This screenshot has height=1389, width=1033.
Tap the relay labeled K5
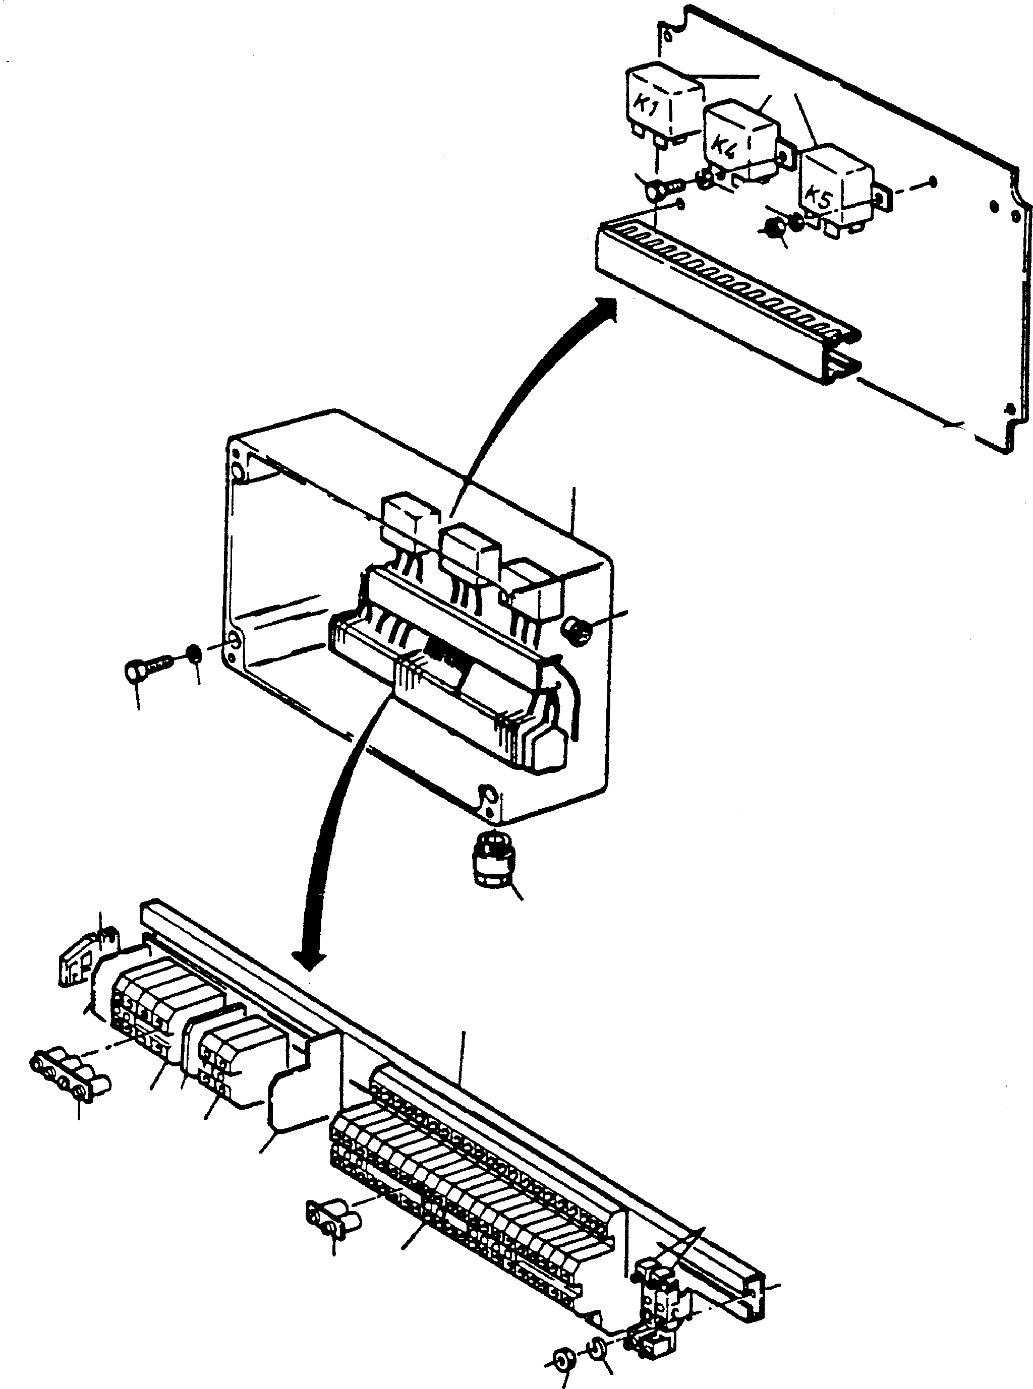pos(835,185)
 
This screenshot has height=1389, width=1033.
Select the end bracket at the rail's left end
pos(78,962)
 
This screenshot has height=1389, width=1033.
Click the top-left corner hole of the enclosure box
pos(238,471)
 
